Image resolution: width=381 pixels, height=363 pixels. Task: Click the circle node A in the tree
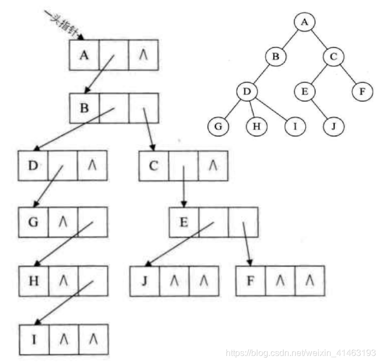(x=304, y=23)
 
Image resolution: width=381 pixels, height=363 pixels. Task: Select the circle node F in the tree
(x=362, y=91)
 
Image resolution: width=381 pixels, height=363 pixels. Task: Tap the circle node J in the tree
(x=333, y=126)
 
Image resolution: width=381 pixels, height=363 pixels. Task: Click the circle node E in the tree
(x=304, y=91)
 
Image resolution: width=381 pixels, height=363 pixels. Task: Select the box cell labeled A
(x=84, y=55)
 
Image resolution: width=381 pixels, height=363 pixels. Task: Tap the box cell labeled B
(x=84, y=107)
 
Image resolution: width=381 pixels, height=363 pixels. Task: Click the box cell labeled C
(x=153, y=165)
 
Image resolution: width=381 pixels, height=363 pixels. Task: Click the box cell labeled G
(x=33, y=223)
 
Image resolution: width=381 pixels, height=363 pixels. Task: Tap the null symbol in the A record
(x=143, y=55)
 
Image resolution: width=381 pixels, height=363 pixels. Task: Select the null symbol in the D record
(x=92, y=165)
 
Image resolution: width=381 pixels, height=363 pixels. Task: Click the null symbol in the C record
(x=212, y=165)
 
